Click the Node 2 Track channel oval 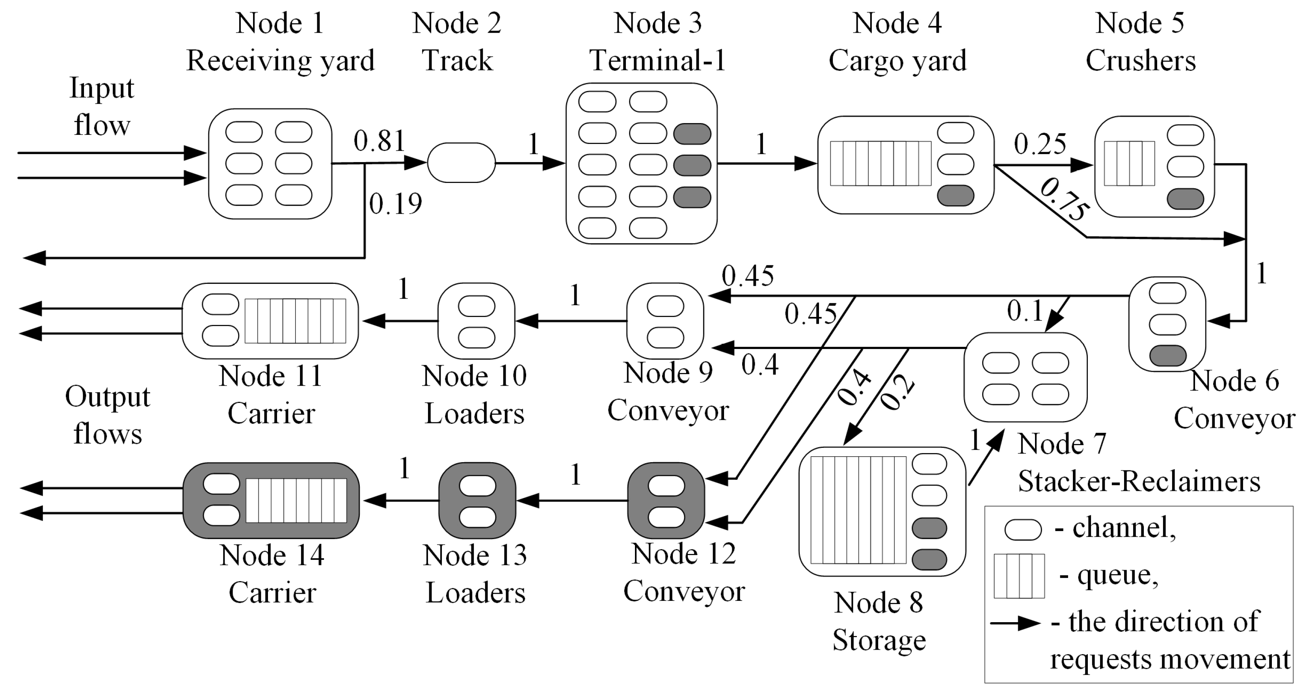click(x=461, y=163)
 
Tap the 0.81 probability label click(x=380, y=141)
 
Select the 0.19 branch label click(x=395, y=204)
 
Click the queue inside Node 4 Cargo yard click(x=880, y=163)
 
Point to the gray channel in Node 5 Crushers click(x=1185, y=199)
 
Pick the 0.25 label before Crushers click(x=1040, y=144)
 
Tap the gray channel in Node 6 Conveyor click(x=1167, y=356)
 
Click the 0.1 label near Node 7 click(x=1025, y=311)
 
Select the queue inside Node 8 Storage click(x=858, y=510)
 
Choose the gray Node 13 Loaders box click(x=477, y=501)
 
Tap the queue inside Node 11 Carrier click(x=295, y=321)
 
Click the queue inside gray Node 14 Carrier click(x=296, y=500)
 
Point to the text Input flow click(x=102, y=106)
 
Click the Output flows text click(x=107, y=415)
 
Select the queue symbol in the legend click(x=1019, y=576)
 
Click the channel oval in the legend click(x=1023, y=530)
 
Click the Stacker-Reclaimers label click(x=1138, y=481)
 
